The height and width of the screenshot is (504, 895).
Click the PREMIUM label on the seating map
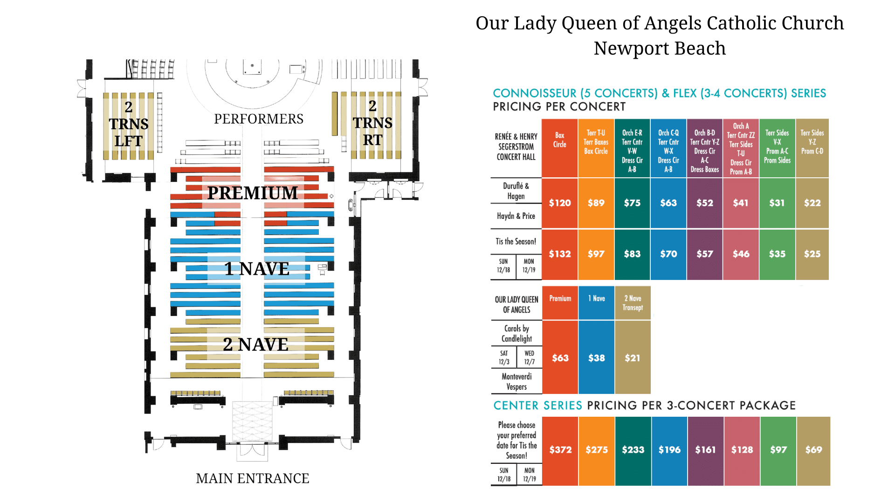coord(252,193)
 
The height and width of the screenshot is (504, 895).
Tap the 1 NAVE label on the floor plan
coord(257,269)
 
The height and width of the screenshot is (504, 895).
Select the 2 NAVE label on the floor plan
coord(255,344)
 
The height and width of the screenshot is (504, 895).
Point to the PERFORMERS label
coord(259,119)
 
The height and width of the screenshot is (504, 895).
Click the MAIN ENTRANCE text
coord(253,478)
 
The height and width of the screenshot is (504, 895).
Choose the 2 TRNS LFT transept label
coord(129,124)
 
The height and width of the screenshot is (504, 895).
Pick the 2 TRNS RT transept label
coord(372,123)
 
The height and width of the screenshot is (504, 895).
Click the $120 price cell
coord(560,203)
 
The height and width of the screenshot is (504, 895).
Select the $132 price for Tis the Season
coord(560,254)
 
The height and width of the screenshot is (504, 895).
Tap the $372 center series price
coord(560,450)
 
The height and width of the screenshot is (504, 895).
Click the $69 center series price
coord(814,450)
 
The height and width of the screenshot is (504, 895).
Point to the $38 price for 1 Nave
coord(597,358)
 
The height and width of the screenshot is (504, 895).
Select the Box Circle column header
coord(560,140)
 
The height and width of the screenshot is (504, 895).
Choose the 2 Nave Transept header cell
coord(633,303)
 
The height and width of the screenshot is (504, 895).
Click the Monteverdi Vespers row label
coord(517,381)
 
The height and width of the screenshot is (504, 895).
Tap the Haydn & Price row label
coord(516,216)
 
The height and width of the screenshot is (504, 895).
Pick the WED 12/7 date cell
coord(530,357)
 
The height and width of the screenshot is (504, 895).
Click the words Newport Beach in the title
coord(660,48)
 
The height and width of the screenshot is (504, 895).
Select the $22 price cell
coord(812,203)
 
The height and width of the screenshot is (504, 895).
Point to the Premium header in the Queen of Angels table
coord(560,299)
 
